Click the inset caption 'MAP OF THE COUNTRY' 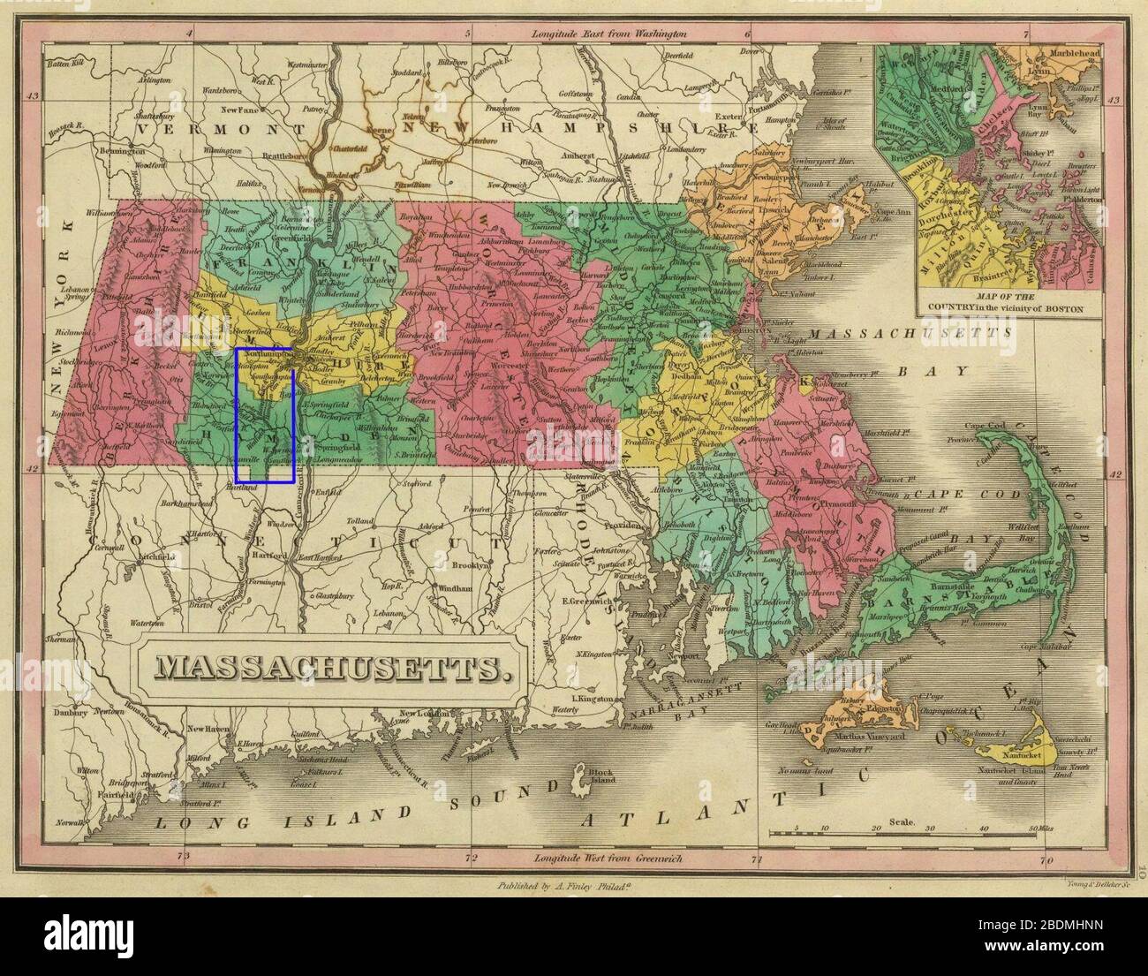click(x=1000, y=304)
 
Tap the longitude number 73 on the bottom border click(x=183, y=855)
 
